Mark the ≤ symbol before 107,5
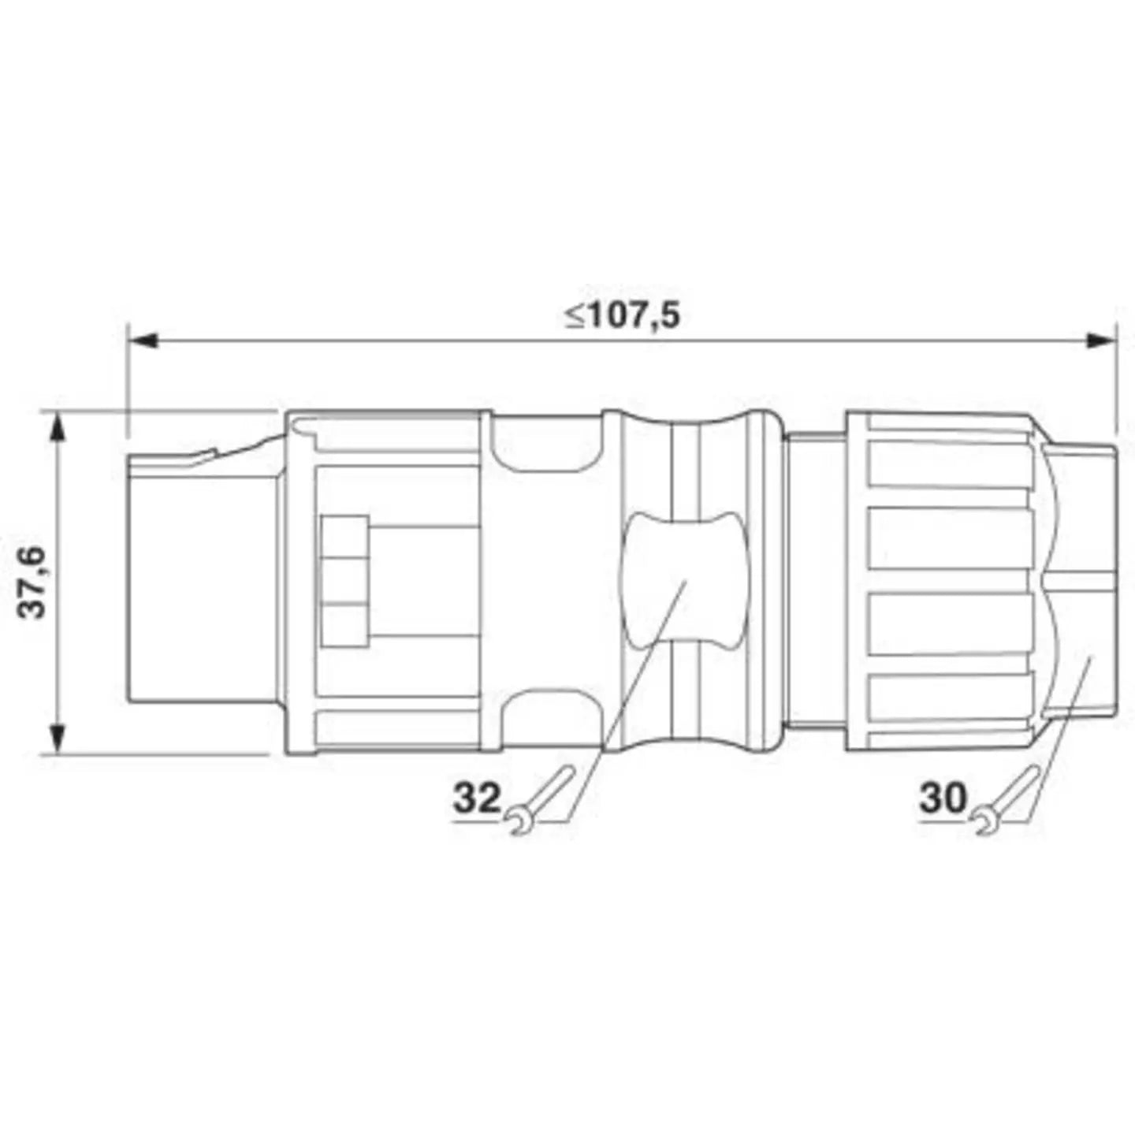pos(573,317)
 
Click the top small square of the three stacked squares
pos(345,537)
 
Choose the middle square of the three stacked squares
pos(345,581)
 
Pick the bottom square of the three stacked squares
pos(345,624)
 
